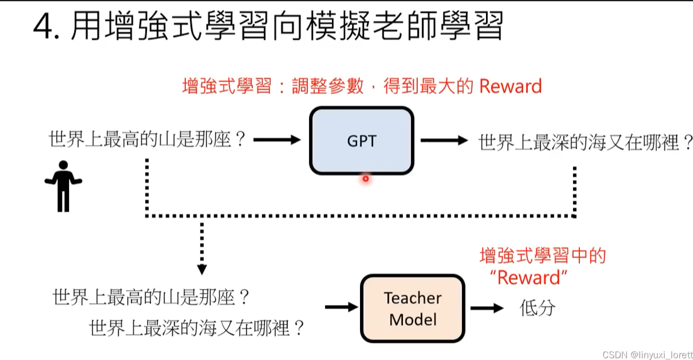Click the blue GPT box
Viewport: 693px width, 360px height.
[x=361, y=140]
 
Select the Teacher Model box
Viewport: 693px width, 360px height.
[x=412, y=308]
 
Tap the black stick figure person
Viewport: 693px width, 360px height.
[x=63, y=185]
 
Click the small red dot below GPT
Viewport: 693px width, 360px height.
[x=365, y=178]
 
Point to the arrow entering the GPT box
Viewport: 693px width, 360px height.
[x=276, y=140]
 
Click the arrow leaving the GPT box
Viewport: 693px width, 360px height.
[x=443, y=140]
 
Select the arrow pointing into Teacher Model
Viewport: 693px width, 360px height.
[x=341, y=307]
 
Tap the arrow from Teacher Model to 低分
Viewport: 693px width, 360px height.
[x=486, y=308]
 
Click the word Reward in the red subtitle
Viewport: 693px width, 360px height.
[x=510, y=86]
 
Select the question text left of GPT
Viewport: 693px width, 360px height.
[x=148, y=139]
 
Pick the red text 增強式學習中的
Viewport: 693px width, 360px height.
[x=542, y=255]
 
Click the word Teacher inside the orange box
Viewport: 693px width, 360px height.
[x=412, y=298]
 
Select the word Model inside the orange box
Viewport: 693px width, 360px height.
[x=412, y=319]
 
